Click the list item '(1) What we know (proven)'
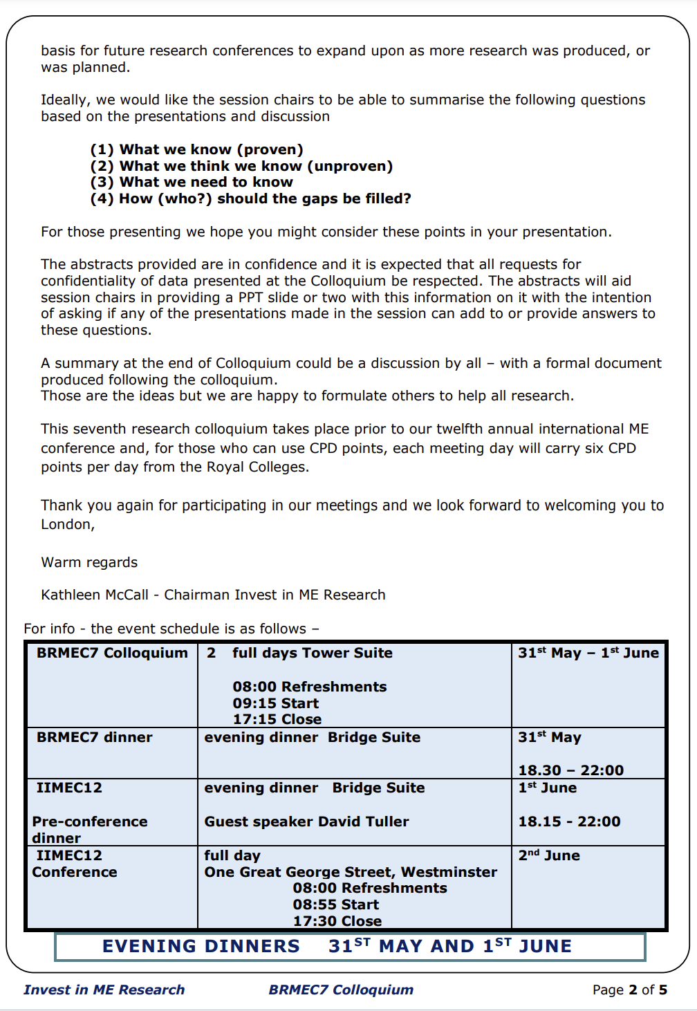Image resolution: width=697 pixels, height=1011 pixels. coord(196,149)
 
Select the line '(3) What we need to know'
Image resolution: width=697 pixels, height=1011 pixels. coord(192,182)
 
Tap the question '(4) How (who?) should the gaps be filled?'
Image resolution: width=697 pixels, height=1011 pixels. coord(250,198)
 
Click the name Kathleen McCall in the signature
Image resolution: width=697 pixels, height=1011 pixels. coord(95,595)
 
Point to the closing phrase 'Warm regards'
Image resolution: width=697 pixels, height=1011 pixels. coord(89,562)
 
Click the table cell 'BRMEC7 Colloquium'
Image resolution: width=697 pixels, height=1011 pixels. coord(112,653)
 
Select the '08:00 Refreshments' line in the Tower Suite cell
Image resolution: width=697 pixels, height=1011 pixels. coord(309,687)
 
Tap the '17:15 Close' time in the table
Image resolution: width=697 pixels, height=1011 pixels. coord(277,719)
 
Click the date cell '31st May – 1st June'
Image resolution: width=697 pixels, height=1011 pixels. coord(588,653)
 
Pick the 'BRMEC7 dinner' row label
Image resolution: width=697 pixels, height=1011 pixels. coord(94,737)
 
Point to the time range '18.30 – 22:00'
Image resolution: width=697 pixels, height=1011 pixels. coord(571,770)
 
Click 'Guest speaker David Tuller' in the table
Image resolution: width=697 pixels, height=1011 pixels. coord(306,822)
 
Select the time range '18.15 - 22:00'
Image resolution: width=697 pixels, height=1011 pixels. coord(570,822)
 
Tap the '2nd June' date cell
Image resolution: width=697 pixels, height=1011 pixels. coord(549,855)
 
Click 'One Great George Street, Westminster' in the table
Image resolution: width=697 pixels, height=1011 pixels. coord(351,872)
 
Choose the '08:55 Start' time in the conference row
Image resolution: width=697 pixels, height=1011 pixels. coord(335,905)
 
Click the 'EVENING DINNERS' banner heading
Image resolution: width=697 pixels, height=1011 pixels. coord(201,946)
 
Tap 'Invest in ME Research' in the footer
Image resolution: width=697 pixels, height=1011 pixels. coord(104,990)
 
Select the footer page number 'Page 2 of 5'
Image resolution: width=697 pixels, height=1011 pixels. coord(629,990)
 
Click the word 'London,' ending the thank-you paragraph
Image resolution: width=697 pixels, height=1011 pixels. coord(68,524)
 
